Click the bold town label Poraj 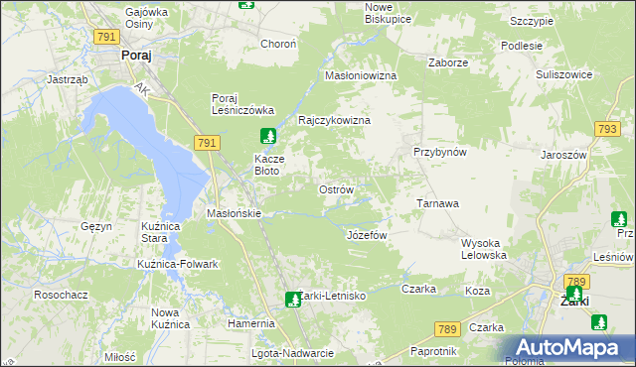(135, 57)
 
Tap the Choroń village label (278, 44)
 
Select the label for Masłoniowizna (362, 75)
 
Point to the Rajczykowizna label (335, 120)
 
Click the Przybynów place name (440, 153)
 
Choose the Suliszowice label (563, 74)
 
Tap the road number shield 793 (608, 129)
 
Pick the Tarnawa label (437, 203)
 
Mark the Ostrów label (335, 189)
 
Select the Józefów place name (366, 235)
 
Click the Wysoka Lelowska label (484, 249)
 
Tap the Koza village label (478, 291)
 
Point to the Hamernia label (250, 323)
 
